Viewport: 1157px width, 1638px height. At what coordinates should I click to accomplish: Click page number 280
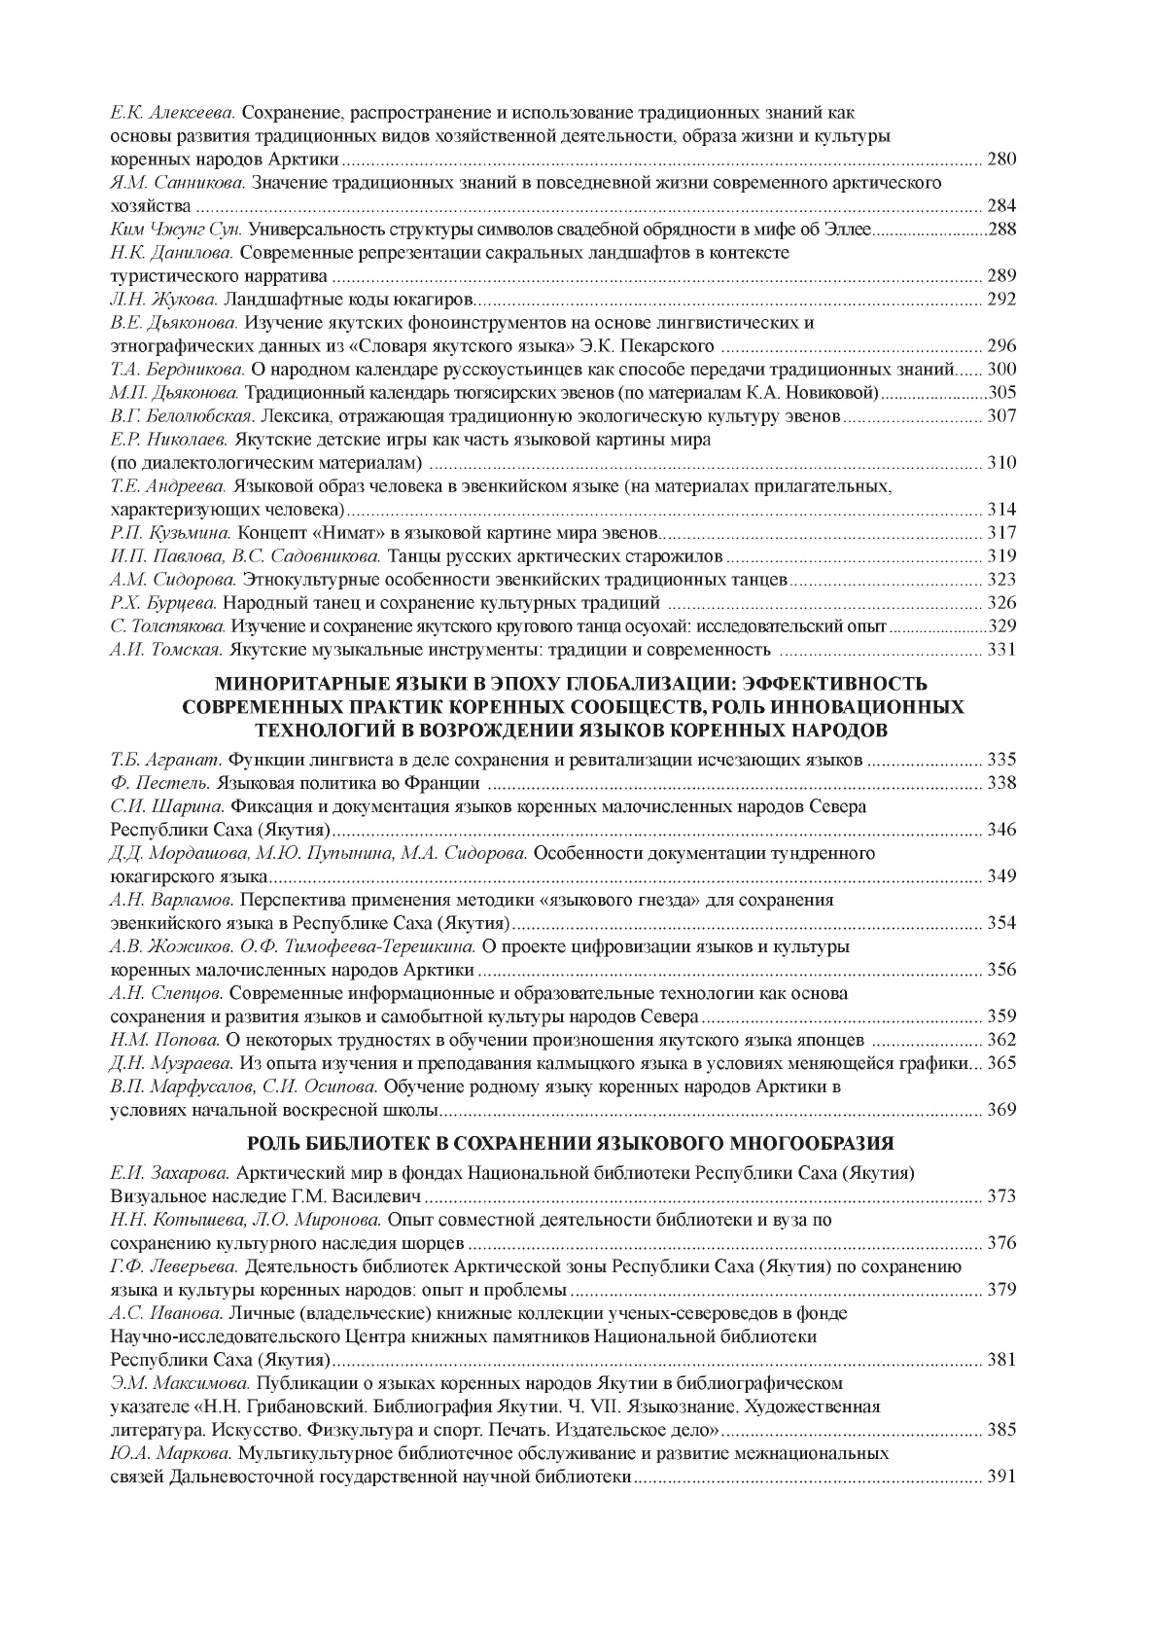click(x=1000, y=160)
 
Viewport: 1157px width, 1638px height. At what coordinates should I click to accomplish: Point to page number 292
click(x=1000, y=300)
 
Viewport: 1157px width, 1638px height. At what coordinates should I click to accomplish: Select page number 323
click(x=1000, y=580)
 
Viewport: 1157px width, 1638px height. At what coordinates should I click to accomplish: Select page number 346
click(x=1000, y=830)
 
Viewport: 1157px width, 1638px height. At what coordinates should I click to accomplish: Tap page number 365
click(x=1000, y=1063)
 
